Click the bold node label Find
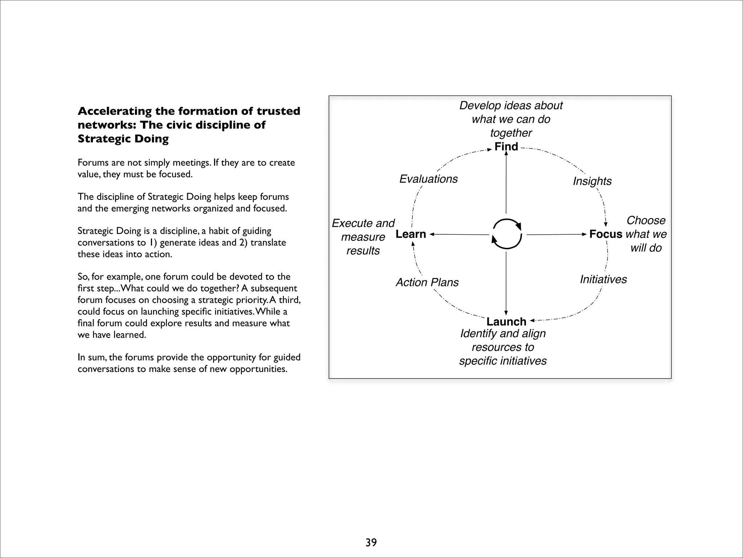coord(506,147)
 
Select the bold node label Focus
coord(606,234)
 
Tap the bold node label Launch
coord(506,322)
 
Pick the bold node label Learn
coord(411,234)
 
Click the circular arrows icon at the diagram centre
coord(507,234)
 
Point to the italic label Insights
coord(592,181)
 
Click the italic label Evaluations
coord(428,179)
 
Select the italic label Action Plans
coord(427,282)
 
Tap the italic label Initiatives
coord(603,279)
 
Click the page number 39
coord(371,542)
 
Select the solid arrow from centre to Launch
coord(506,283)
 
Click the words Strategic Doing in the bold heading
coord(123,139)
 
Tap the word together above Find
coord(511,133)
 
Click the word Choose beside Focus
coord(646,220)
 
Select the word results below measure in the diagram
coord(363,251)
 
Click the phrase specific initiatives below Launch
coord(503,361)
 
